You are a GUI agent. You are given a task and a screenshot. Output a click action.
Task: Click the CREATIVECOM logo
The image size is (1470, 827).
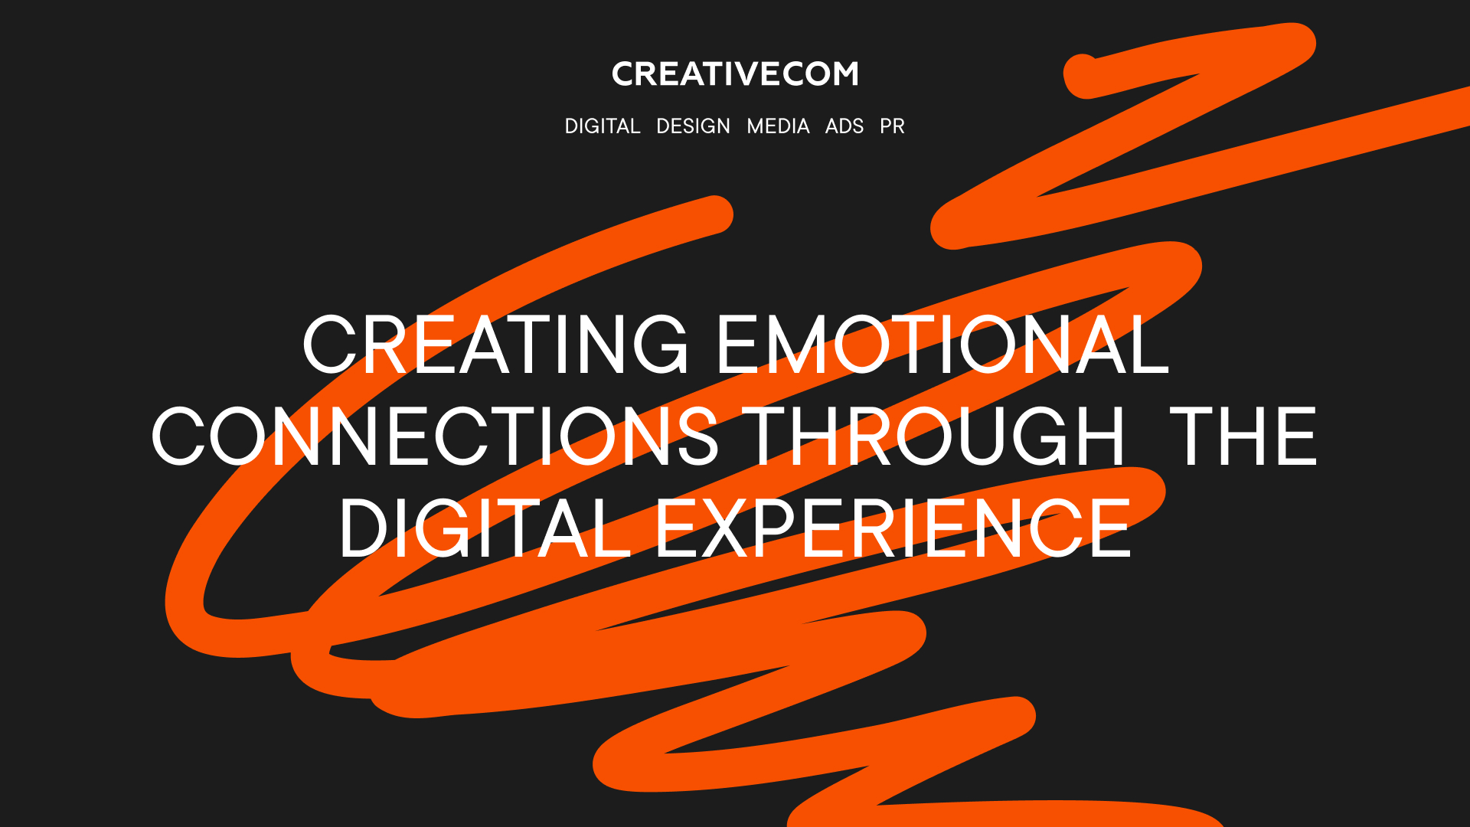(x=735, y=74)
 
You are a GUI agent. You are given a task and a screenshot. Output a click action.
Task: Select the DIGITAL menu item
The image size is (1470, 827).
(x=603, y=126)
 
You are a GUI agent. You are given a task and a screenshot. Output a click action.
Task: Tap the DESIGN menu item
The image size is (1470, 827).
(x=693, y=126)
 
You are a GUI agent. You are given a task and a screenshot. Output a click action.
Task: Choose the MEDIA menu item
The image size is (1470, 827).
(x=778, y=126)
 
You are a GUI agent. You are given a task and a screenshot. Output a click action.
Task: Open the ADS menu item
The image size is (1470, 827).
(x=844, y=126)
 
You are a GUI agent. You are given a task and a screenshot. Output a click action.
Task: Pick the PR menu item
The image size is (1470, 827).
(x=892, y=126)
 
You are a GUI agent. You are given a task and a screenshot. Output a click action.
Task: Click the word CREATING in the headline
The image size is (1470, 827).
(x=496, y=345)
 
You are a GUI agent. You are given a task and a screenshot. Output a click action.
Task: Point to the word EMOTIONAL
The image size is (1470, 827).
(x=943, y=345)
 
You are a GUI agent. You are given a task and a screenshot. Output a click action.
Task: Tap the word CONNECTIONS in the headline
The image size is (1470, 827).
(x=436, y=436)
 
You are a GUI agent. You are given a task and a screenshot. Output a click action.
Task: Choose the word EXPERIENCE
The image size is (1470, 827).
(x=893, y=528)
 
